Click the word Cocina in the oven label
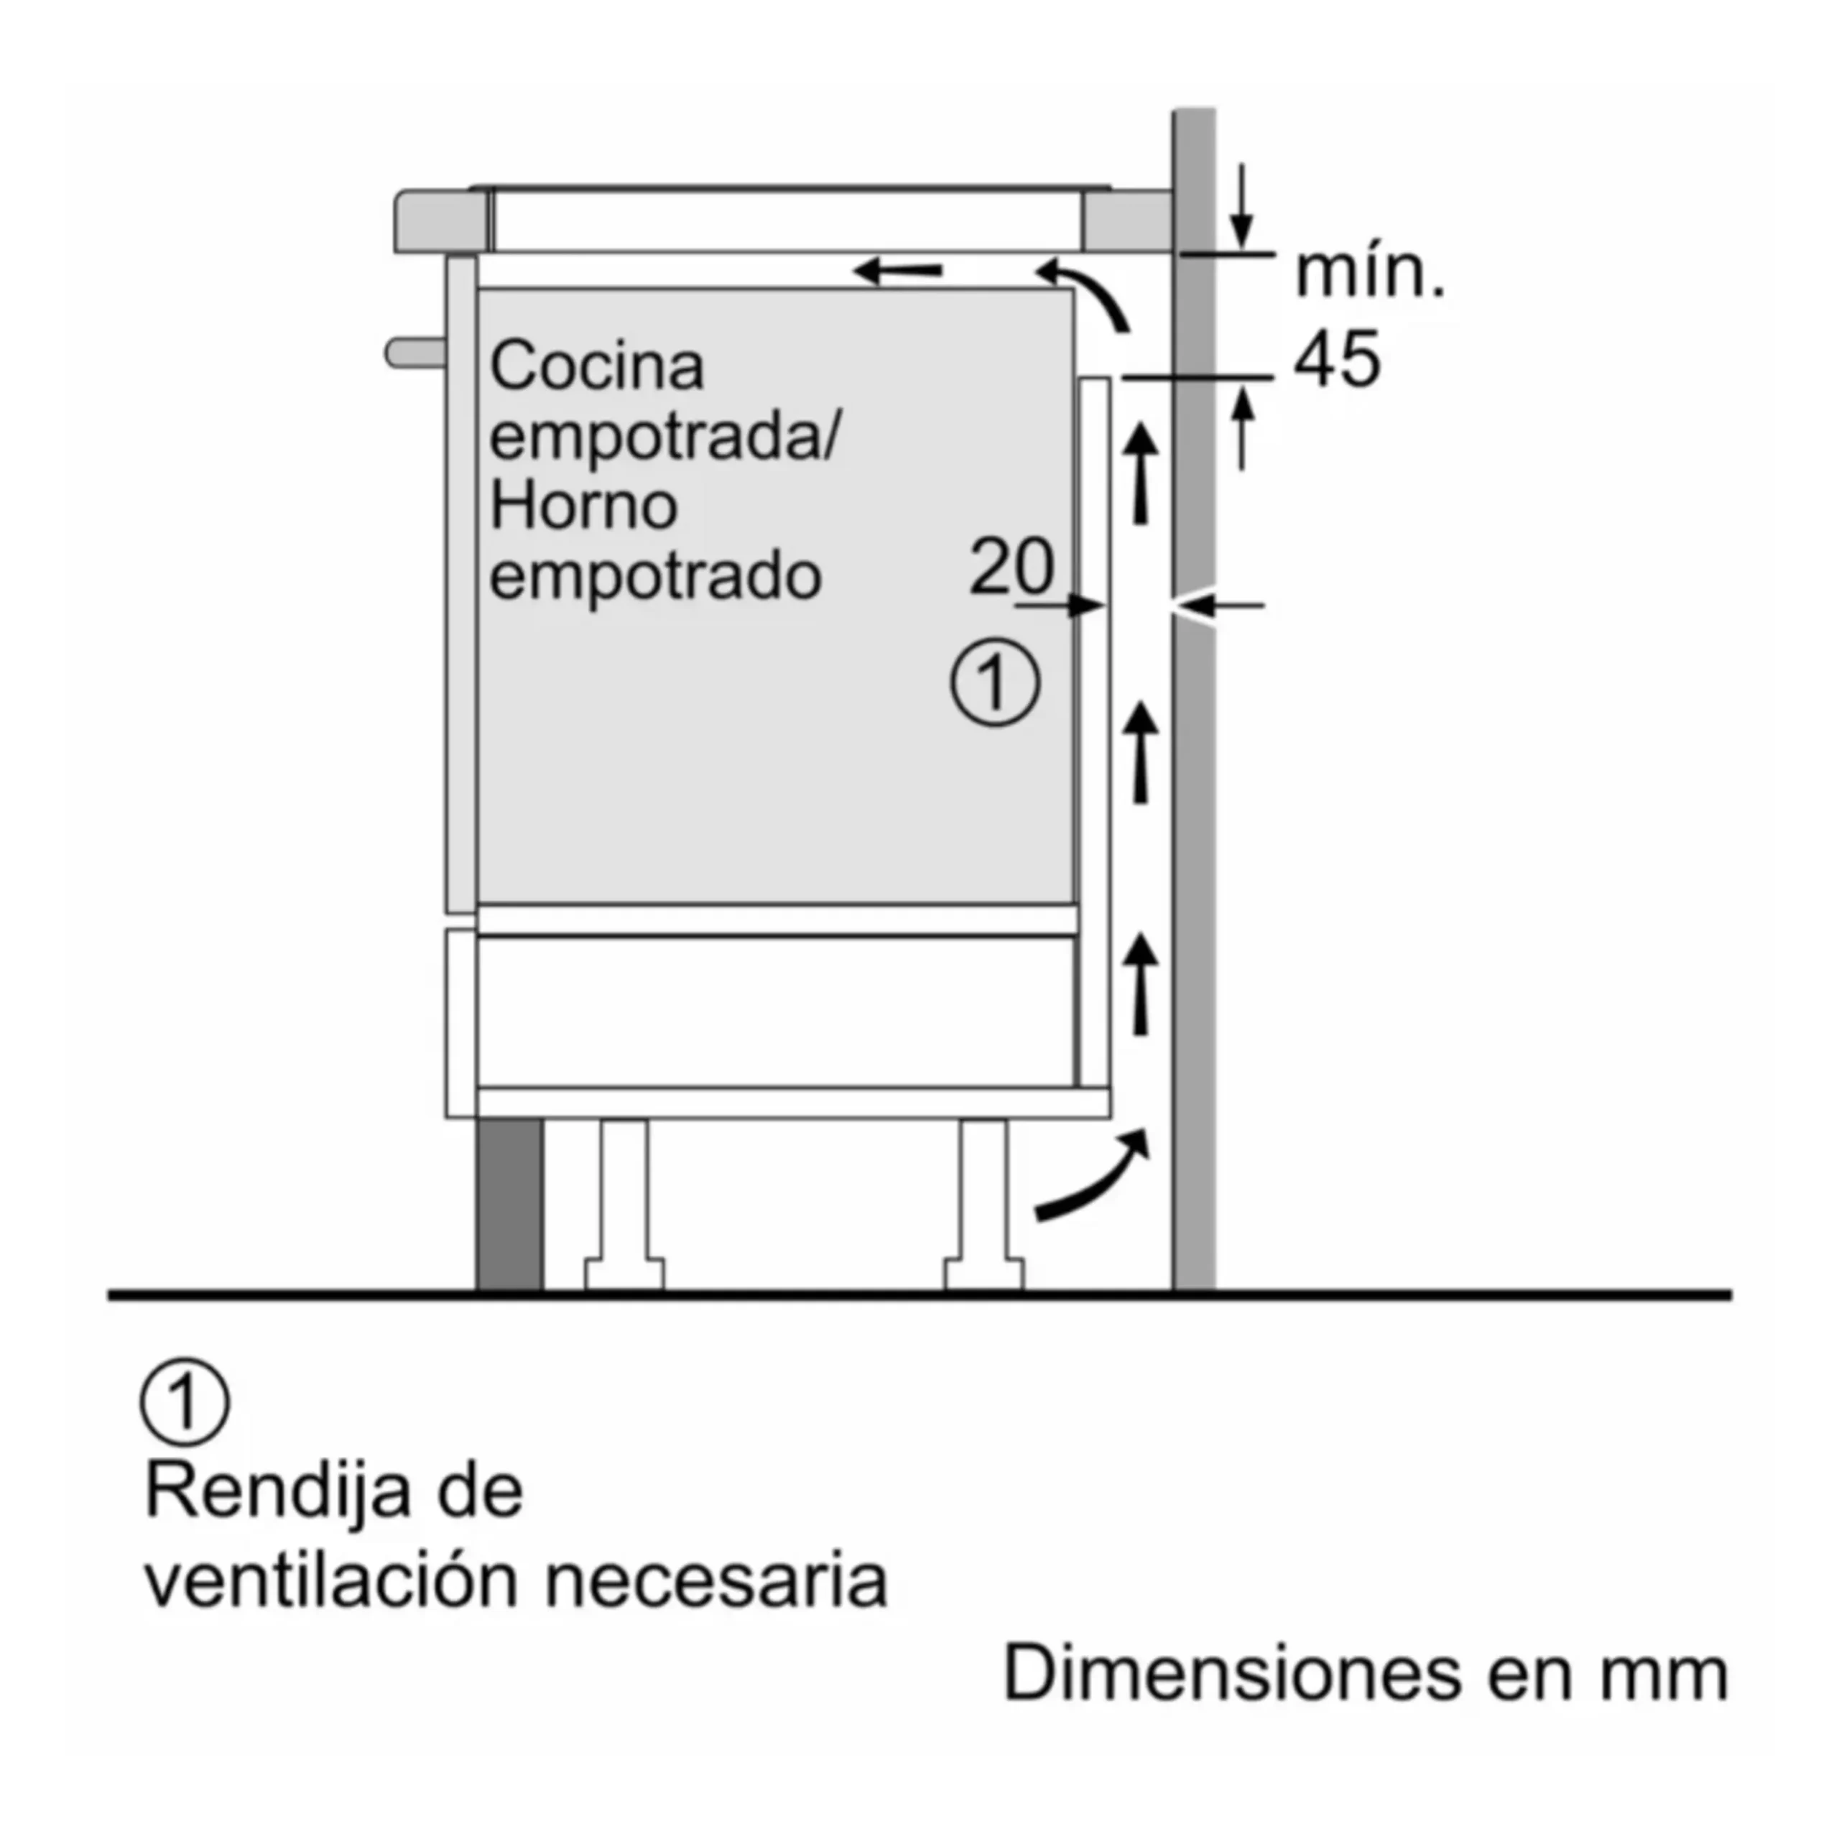597,366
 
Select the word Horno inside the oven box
583,506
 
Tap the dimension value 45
1336,359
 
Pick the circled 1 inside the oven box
996,682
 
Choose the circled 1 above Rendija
185,1402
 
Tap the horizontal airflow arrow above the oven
899,270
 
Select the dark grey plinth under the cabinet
510,1204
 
